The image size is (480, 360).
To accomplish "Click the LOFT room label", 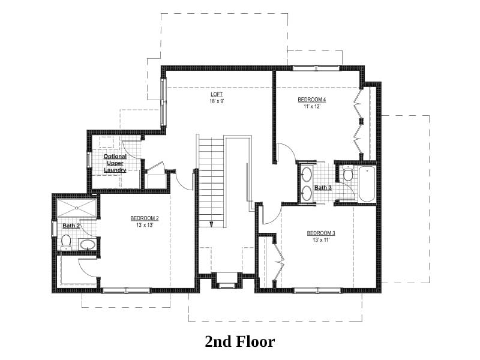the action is (217, 94).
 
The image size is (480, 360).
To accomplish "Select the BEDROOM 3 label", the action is (321, 233).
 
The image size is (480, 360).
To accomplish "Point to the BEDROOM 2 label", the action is (145, 218).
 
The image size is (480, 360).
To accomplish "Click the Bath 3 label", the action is (323, 188).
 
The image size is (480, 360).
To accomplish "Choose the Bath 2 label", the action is (71, 226).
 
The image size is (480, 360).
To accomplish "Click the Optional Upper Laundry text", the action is (115, 163).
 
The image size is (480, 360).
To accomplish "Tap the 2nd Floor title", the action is (240, 341).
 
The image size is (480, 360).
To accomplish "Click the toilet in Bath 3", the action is (347, 173).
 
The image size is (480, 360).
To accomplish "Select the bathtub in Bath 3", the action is (367, 184).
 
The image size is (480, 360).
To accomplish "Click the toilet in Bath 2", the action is (66, 242).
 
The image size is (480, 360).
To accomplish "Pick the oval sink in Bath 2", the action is (88, 244).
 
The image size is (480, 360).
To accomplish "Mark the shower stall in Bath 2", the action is (77, 208).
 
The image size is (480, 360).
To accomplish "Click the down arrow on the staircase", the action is (211, 224).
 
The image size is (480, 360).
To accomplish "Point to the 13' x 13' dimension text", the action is (145, 225).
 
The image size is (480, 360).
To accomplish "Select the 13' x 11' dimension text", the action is (321, 240).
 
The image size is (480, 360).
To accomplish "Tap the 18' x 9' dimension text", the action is (217, 101).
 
